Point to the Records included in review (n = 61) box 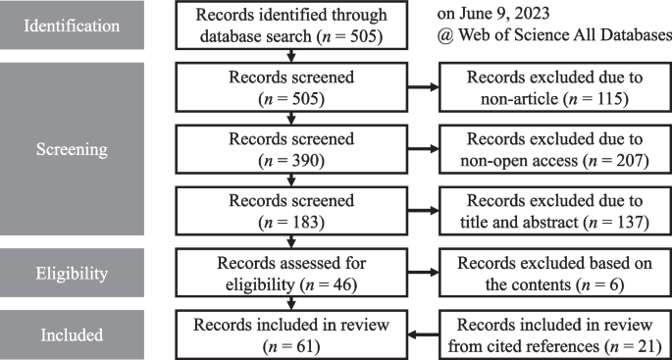click(290, 334)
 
